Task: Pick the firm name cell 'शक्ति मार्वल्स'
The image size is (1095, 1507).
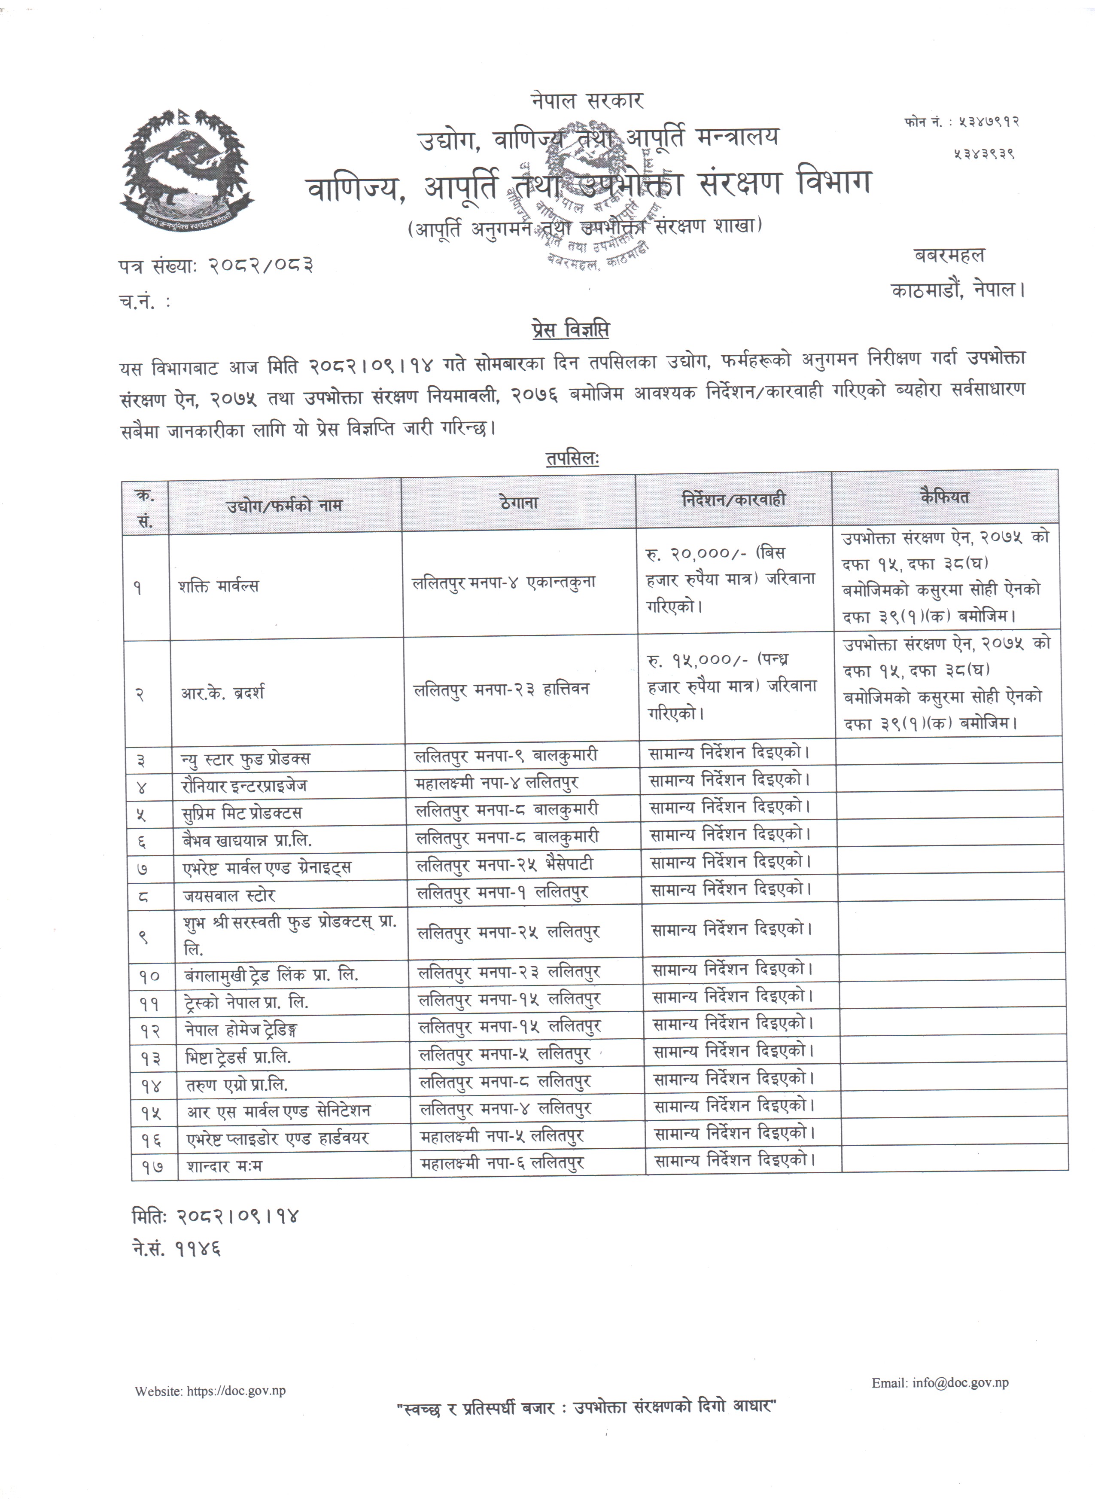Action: pyautogui.click(x=219, y=586)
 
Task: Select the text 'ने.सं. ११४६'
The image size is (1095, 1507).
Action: pyautogui.click(x=176, y=1248)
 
